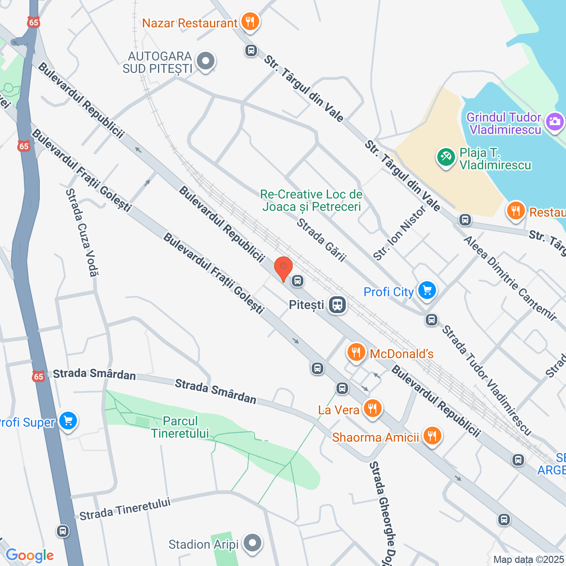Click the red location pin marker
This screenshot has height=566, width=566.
pos(283,268)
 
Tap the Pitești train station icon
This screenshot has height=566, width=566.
pos(337,305)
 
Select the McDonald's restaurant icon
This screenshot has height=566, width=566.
pos(356,352)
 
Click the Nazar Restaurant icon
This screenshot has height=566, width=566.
pos(250,21)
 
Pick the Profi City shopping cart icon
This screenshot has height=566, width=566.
pos(427,291)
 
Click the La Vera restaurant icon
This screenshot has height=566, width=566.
pos(372,408)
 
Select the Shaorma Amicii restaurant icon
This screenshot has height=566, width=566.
pos(432,436)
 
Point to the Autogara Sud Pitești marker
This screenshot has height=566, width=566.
pos(205,61)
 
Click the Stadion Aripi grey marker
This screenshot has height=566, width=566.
pos(252,543)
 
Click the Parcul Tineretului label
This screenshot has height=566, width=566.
pos(180,427)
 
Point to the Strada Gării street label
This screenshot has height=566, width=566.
pos(321,240)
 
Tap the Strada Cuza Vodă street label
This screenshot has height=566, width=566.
pos(82,233)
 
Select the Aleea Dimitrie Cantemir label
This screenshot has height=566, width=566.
pos(510,278)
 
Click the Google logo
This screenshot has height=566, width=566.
pos(30,555)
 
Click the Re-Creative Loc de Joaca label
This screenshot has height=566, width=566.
pos(311,200)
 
